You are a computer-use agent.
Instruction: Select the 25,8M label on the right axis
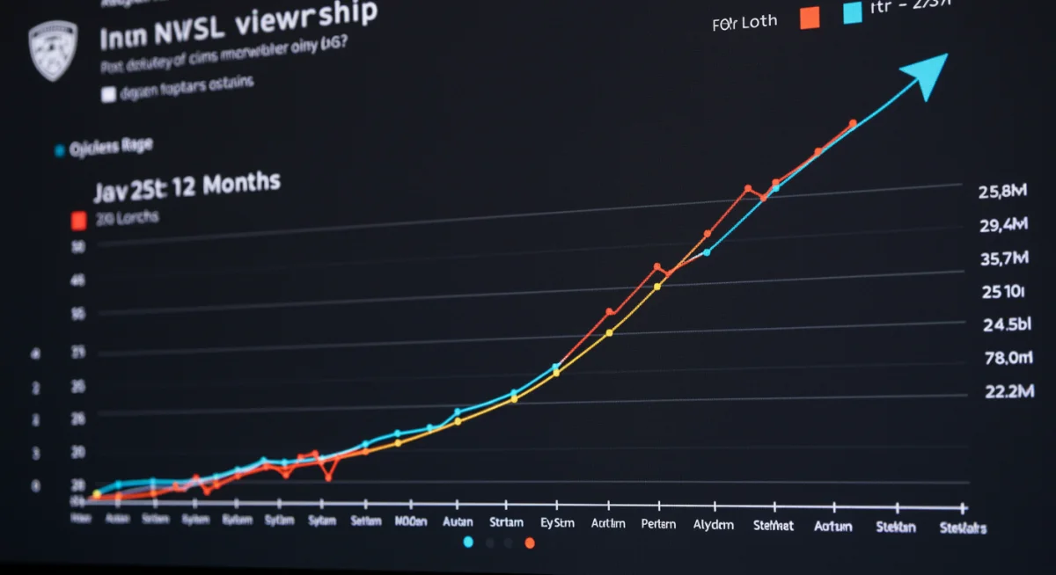pos(1003,192)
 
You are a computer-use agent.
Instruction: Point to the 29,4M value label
pos(1004,225)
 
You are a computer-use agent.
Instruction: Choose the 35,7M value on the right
pos(1004,258)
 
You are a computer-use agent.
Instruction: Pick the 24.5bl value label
pos(1006,324)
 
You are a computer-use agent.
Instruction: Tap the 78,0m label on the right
pos(1007,358)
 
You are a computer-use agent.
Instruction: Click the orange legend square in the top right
pos(810,17)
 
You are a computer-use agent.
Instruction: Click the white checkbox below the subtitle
pos(108,95)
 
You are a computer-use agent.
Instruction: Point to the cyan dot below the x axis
pos(468,542)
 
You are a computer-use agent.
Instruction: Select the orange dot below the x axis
pos(530,543)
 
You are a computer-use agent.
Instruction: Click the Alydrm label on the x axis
pos(713,524)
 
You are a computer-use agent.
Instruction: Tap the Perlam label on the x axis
pos(659,523)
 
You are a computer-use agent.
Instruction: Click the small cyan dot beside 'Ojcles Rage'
pos(60,150)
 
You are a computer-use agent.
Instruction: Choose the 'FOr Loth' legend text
pos(745,22)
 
